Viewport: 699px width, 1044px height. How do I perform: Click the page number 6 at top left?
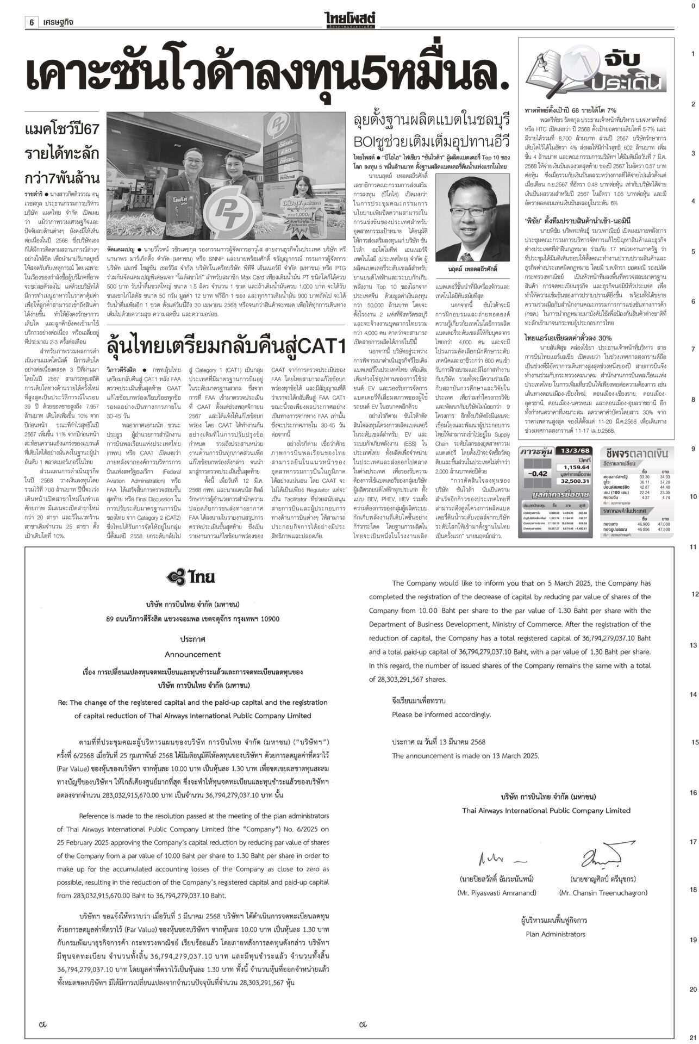tap(32, 22)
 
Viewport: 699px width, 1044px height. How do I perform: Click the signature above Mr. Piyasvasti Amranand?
tap(497, 859)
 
